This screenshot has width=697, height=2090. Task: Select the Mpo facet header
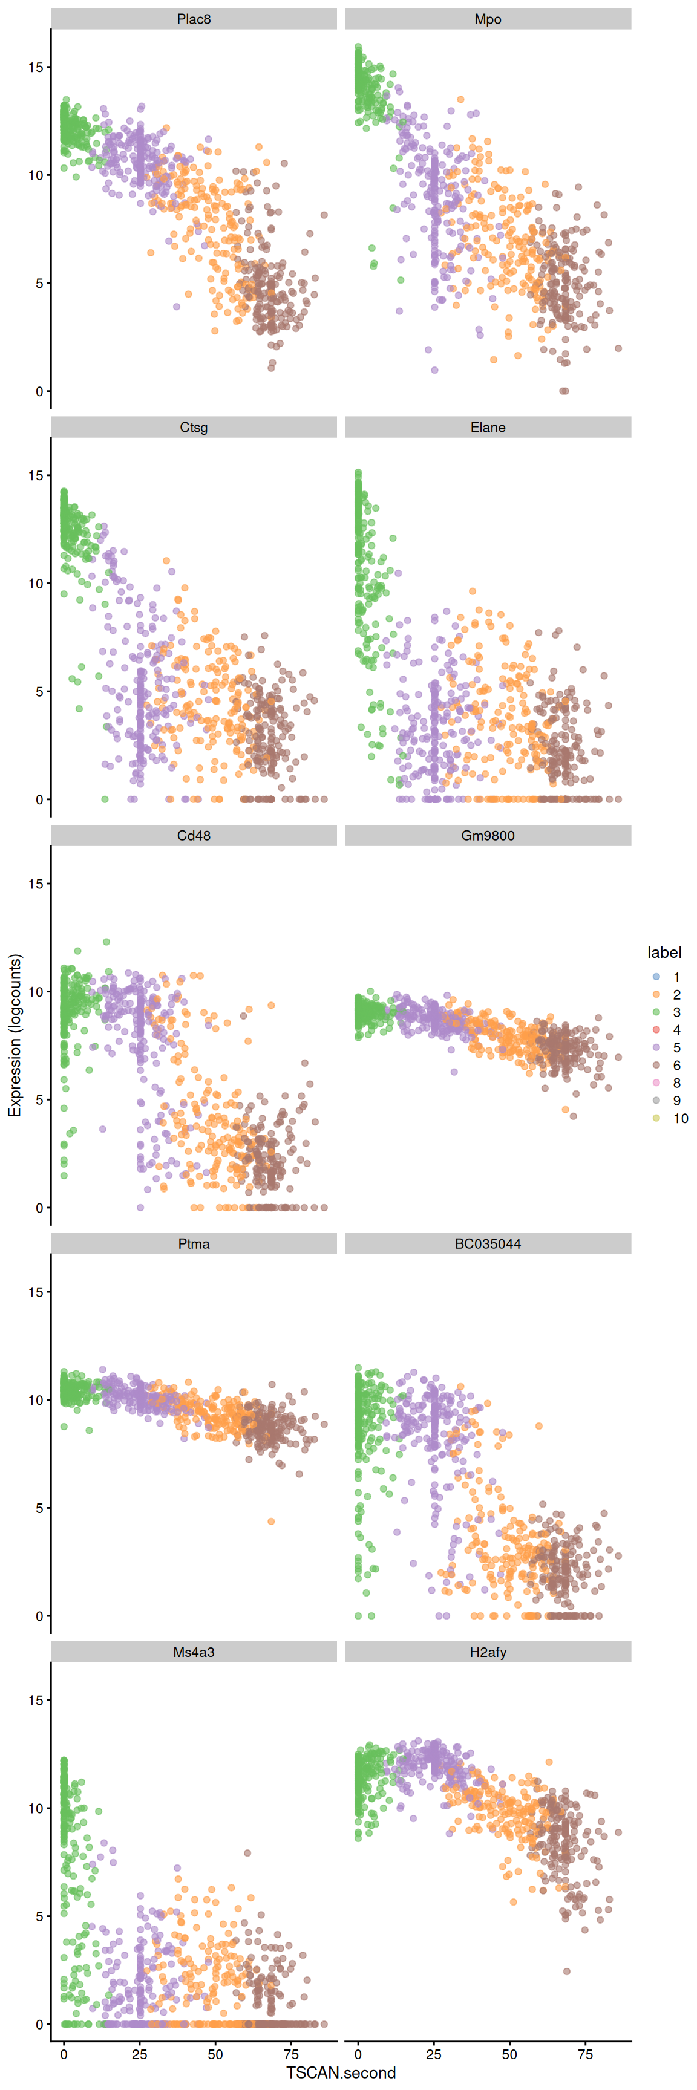[488, 19]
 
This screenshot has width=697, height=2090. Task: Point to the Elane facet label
[488, 427]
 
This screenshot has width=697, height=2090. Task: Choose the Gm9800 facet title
[488, 835]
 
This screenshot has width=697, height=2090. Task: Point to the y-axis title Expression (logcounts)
[15, 1035]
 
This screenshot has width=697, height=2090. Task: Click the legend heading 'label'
[664, 952]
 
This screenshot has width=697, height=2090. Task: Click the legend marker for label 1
[656, 977]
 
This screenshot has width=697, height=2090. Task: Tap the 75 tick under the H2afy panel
[585, 2054]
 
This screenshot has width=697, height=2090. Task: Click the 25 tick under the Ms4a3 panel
[140, 2054]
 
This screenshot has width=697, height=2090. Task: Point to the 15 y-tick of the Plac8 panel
[36, 67]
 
